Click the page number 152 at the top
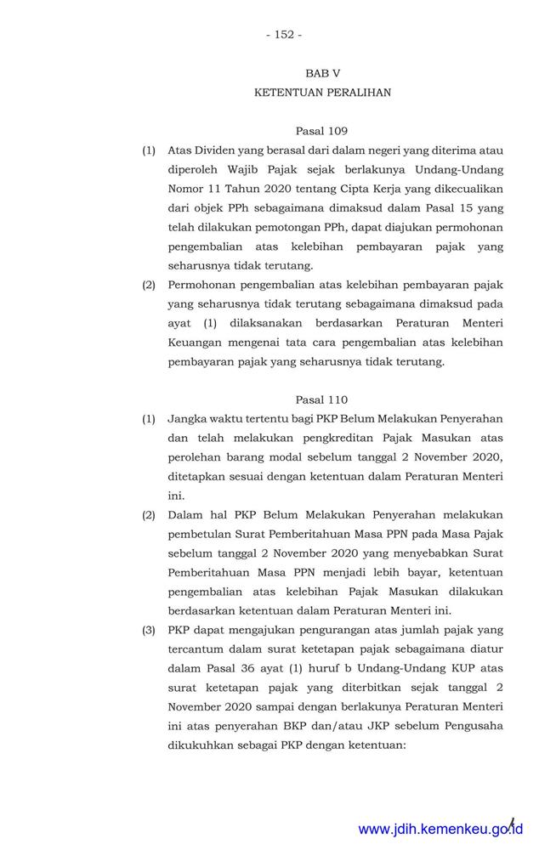coord(283,35)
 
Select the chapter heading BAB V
coord(322,74)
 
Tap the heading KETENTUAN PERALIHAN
coord(322,93)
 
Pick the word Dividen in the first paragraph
coord(219,151)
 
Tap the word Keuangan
coord(195,343)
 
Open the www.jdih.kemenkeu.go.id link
coord(440,829)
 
